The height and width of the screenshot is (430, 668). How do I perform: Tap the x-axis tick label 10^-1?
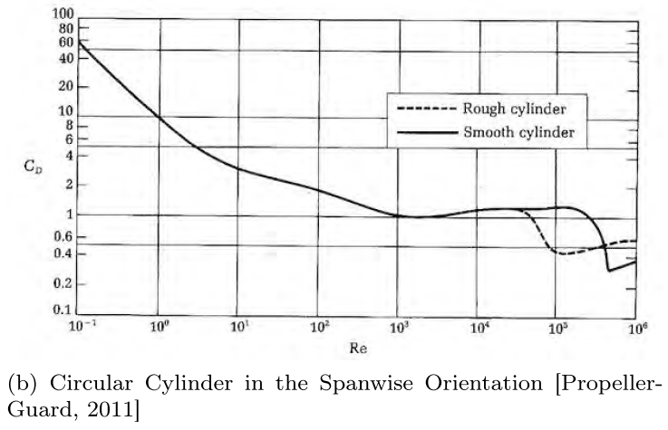81,326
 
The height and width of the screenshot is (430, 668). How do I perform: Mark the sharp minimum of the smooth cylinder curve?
609,270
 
